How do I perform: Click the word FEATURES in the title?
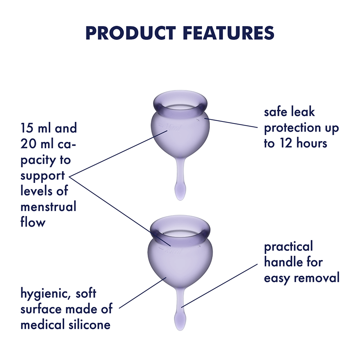click(x=227, y=33)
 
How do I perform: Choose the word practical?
click(x=288, y=247)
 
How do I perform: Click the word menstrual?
click(x=48, y=207)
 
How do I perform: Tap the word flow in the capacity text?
click(x=33, y=222)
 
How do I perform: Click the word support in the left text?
click(x=43, y=175)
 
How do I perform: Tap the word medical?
click(x=41, y=325)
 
